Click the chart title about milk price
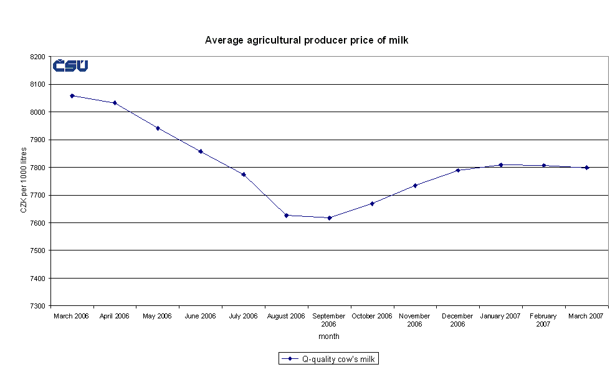307,40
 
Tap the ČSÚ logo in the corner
70,65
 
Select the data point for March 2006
72,96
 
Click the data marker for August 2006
287,215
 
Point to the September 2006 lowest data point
330,217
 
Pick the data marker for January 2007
501,165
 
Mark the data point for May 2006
158,128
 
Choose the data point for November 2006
415,185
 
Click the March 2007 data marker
587,168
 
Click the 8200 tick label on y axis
38,57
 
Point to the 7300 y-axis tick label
38,306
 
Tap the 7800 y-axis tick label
38,168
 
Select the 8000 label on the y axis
38,112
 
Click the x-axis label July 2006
243,317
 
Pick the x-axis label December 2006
458,320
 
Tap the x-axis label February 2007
543,320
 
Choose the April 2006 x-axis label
115,317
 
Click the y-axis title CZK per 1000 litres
24,181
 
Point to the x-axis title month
329,336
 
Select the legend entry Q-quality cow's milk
329,359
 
